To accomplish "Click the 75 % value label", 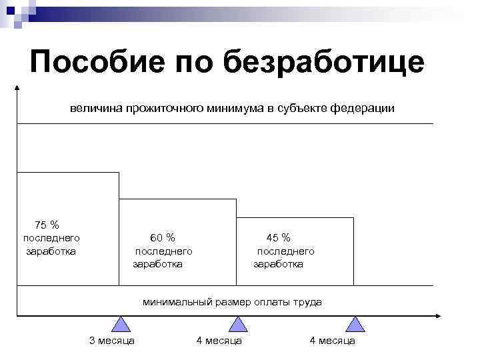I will (47, 225).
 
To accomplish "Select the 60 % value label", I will (163, 238).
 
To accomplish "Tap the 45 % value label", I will (279, 238).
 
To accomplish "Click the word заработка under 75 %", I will (51, 251).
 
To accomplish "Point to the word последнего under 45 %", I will (285, 251).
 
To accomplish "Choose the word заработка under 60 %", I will (158, 264).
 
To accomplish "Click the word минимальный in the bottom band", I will (177, 302).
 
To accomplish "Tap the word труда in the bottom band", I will (307, 302).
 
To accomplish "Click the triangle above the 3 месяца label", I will (121, 325).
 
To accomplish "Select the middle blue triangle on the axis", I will (238, 325).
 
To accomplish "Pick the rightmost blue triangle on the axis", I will (355, 325).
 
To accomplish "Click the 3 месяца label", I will (112, 341).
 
